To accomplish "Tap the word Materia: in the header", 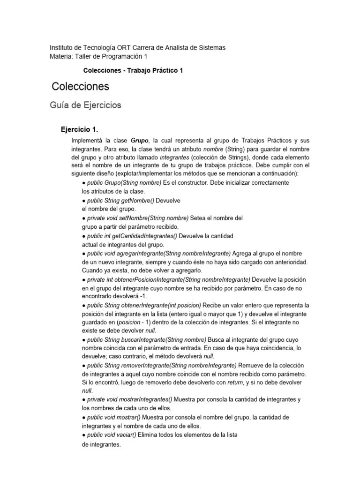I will (63, 57).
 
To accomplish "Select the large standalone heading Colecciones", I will (80, 86).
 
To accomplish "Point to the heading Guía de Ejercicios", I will (85, 105).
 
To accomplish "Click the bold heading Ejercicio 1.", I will (80, 129).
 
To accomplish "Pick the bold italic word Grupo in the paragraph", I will (139, 140).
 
